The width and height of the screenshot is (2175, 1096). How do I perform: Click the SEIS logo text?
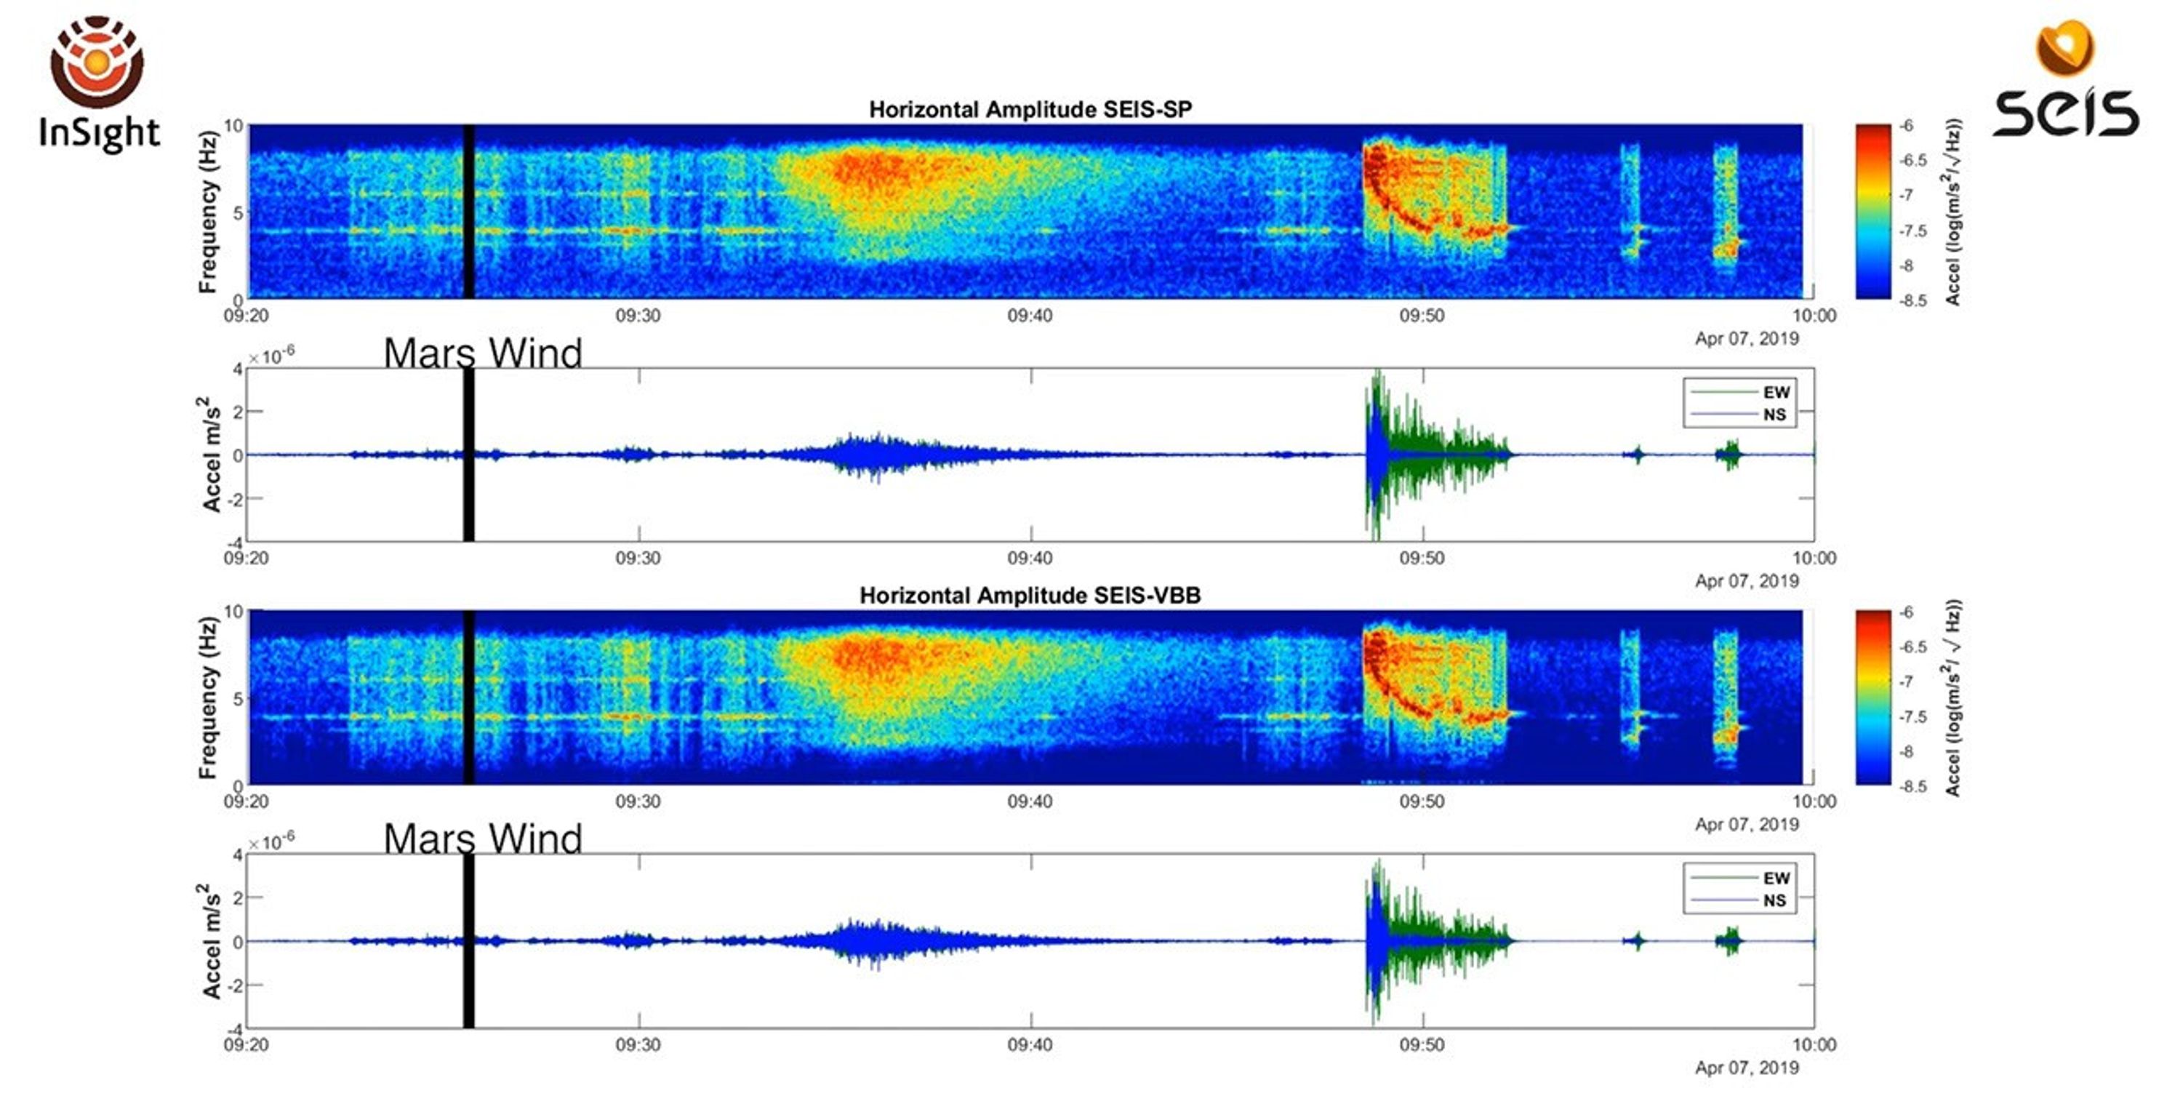pos(2065,112)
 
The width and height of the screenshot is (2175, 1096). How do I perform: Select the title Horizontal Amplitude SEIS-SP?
pos(1030,110)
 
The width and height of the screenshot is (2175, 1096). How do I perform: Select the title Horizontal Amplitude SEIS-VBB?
pos(1030,596)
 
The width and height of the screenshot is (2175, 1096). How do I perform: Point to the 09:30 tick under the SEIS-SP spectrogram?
pos(638,316)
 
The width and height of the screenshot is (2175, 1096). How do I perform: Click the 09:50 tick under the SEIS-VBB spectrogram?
pos(1422,801)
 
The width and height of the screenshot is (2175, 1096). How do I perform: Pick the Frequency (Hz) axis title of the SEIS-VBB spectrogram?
pos(208,697)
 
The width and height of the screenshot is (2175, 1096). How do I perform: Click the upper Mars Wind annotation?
pos(482,352)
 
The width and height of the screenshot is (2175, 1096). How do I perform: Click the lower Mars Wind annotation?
pos(482,838)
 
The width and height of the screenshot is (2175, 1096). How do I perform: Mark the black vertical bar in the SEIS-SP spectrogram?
pos(468,211)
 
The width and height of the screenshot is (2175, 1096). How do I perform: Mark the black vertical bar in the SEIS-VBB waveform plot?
pos(468,940)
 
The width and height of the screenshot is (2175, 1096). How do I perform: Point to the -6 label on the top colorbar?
pos(1907,126)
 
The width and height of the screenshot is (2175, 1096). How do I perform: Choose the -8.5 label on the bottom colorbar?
pos(1912,786)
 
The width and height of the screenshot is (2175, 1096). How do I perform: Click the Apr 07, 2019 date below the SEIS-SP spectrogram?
pos(1746,339)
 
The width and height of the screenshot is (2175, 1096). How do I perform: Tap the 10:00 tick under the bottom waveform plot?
pos(1814,1044)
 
